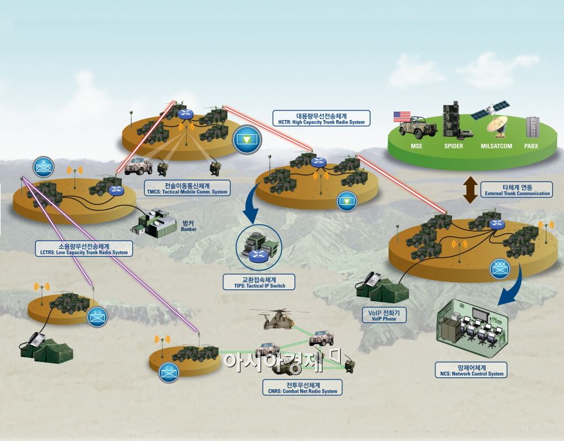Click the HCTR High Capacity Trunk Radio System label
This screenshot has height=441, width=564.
coord(321,118)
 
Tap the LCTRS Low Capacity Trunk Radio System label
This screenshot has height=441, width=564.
coord(84,249)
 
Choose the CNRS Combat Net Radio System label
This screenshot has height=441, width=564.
coord(302,387)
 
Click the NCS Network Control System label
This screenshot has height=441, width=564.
coord(472,370)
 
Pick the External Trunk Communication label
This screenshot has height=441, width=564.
coord(517,189)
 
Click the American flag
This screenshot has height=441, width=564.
coord(402,116)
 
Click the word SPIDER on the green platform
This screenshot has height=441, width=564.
coord(453,146)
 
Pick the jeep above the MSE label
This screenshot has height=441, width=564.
coord(418,127)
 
